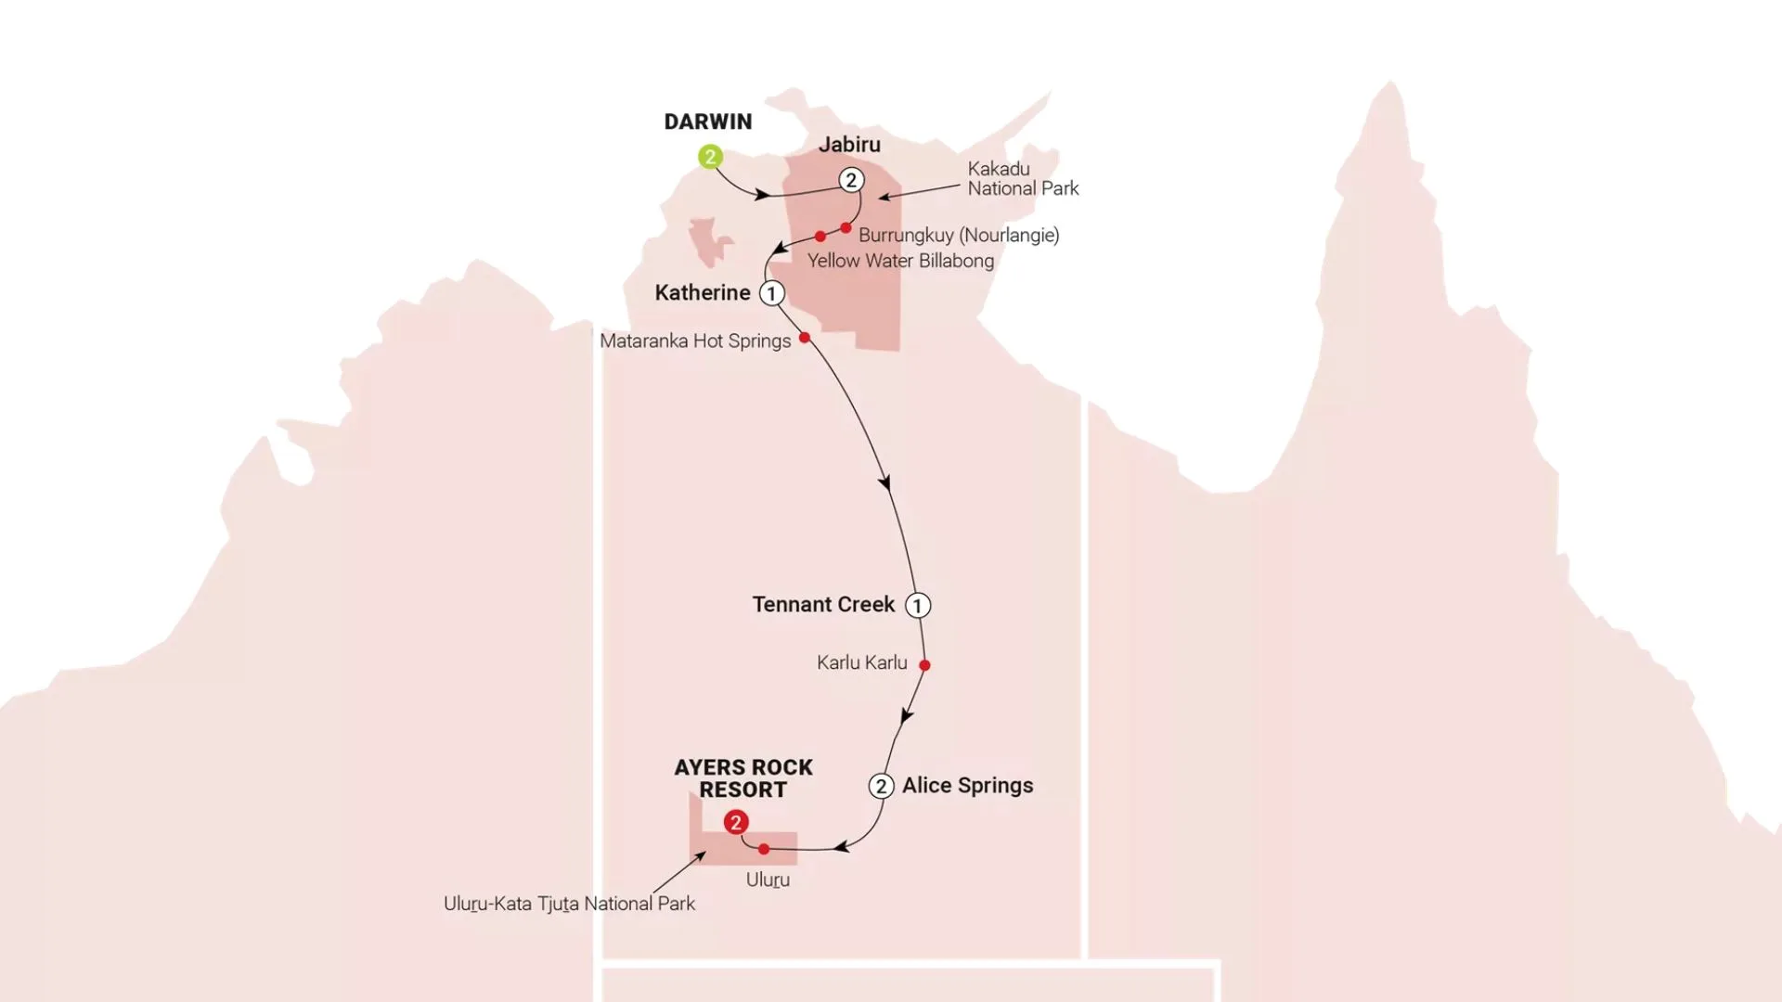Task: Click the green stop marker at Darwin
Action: coord(710,157)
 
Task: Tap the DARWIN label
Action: coord(708,122)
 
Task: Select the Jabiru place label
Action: coord(849,145)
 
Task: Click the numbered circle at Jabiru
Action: coord(851,180)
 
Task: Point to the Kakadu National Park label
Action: coord(1023,178)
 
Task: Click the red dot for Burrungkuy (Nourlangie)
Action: coord(846,227)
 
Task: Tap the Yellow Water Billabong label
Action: coord(900,261)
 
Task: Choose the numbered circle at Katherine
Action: coord(771,293)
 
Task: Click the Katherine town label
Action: coord(703,293)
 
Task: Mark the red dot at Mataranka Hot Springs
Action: coord(805,338)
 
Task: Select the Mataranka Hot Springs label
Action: coord(695,340)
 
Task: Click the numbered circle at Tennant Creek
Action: coord(918,606)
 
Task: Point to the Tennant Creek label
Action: coord(823,605)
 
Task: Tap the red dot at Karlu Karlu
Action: coord(924,665)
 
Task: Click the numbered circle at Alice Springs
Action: coord(881,786)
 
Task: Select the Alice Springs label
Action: coord(967,786)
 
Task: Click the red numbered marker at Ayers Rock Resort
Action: coord(736,822)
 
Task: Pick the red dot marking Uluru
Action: coord(764,849)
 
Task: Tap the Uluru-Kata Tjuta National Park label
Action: coord(569,904)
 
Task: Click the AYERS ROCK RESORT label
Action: coord(743,778)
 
